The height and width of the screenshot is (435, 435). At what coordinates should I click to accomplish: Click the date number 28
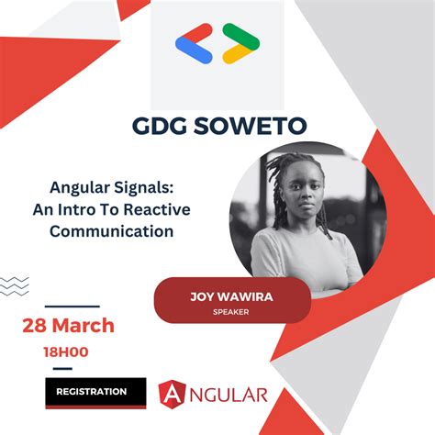coord(35,326)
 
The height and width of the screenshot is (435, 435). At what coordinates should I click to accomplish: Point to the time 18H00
coord(64,350)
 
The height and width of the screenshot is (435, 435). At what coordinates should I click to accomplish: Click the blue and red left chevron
coord(194,43)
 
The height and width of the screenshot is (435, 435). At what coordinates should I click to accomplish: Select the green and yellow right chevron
coord(240,43)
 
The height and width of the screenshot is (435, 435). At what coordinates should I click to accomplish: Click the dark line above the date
coord(72,307)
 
